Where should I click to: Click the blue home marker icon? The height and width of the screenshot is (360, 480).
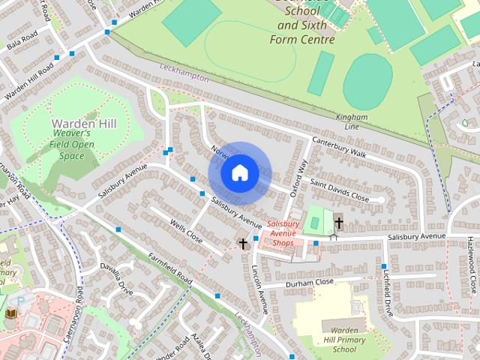click(x=239, y=173)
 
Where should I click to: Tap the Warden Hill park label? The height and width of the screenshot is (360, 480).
click(x=84, y=123)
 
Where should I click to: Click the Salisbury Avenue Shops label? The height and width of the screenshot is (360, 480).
click(x=283, y=233)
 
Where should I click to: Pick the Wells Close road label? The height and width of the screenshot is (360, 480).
click(x=186, y=231)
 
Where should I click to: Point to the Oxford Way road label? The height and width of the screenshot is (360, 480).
click(x=299, y=178)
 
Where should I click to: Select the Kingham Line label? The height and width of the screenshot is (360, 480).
click(x=352, y=121)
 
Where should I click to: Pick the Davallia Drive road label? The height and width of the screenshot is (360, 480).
click(x=120, y=279)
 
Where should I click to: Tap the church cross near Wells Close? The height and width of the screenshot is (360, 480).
click(x=243, y=243)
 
